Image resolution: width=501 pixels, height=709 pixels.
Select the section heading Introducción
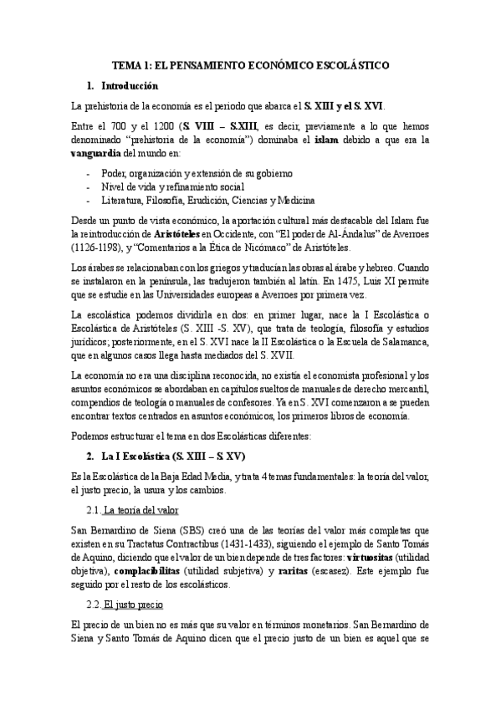(129, 86)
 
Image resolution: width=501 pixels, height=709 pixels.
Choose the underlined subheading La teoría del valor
(140, 510)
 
